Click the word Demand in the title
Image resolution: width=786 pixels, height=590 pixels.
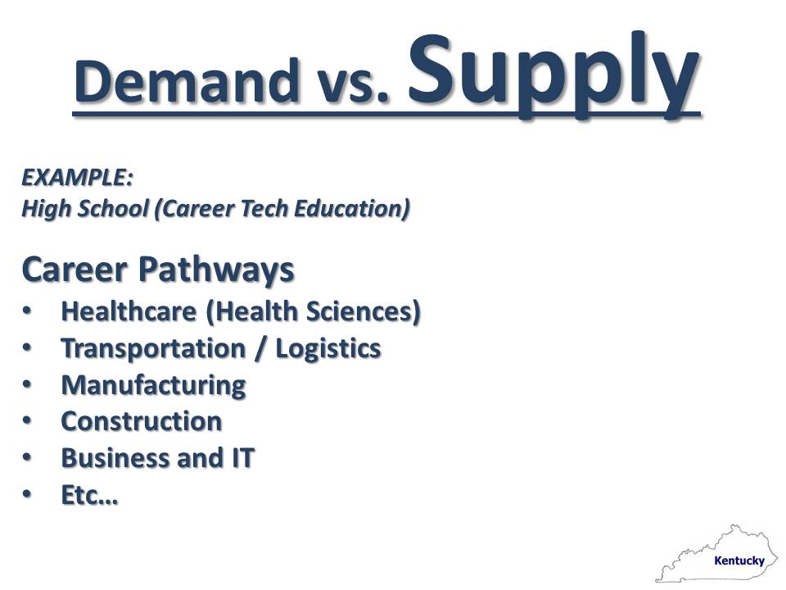click(187, 80)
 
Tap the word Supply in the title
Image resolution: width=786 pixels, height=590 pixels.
click(553, 75)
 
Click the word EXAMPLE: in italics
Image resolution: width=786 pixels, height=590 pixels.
click(77, 178)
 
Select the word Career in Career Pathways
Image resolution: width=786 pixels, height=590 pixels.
click(75, 270)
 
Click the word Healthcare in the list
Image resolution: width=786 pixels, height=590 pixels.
click(129, 311)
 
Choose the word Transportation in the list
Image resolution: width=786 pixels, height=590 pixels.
click(153, 349)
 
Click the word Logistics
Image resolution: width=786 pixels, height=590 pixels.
click(328, 349)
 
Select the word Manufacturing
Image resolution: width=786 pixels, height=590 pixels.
click(153, 385)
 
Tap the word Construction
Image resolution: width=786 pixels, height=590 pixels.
click(142, 421)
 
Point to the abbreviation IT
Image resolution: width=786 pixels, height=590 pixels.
click(243, 458)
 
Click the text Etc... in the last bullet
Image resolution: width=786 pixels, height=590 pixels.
click(89, 495)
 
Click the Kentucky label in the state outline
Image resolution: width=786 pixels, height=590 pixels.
click(739, 560)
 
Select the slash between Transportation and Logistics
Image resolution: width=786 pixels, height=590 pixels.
click(260, 349)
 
